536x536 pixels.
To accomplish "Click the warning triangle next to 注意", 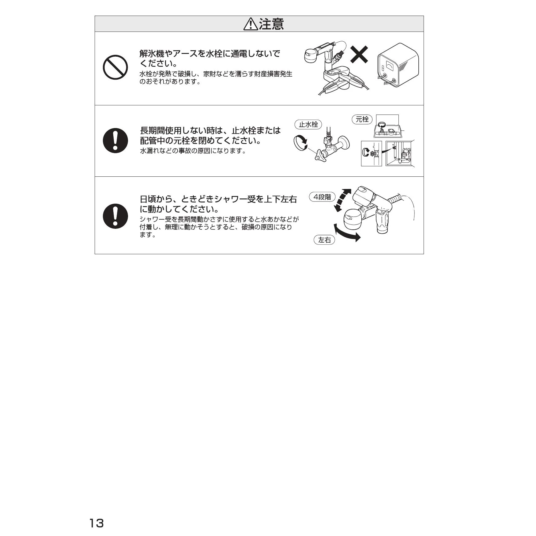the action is (251, 24).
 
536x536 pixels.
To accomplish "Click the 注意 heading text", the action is (271, 24).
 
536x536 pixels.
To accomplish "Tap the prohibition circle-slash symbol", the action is (115, 67).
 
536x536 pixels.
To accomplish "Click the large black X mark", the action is (359, 55).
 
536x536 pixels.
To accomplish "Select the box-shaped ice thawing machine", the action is (398, 65).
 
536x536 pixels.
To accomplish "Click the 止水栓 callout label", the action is (308, 124).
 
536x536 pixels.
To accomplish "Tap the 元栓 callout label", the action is (362, 119).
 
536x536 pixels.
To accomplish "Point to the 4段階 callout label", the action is (322, 197).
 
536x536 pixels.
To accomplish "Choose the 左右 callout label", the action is (324, 240).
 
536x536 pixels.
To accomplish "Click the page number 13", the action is (96, 523).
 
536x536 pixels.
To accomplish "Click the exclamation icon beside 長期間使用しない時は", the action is (115, 141).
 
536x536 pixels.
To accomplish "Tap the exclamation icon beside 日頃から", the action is (115, 216).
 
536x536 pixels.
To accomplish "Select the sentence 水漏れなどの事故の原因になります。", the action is (193, 151).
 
